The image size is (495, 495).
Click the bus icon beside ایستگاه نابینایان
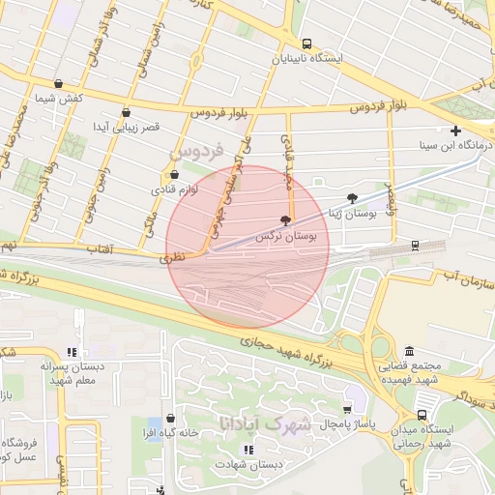coord(306,44)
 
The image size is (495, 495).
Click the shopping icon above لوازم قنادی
coord(174,175)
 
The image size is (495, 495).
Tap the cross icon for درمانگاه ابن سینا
coord(455,131)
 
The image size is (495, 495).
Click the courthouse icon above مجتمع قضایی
coord(410,351)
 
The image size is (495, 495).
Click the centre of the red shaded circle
coord(248,247)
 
